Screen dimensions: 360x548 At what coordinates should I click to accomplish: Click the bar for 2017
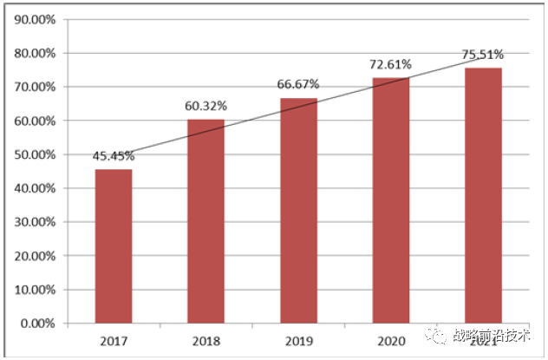(x=114, y=246)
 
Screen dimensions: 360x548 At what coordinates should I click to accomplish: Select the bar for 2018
(x=205, y=221)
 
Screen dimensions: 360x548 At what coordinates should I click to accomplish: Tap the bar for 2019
(x=298, y=211)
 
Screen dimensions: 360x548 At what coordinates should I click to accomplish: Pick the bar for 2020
(x=391, y=200)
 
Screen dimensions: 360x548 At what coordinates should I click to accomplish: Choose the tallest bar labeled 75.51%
(x=483, y=195)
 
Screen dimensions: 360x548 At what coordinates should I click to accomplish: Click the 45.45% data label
(x=114, y=156)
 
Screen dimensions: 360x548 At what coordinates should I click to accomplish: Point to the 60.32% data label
(x=205, y=106)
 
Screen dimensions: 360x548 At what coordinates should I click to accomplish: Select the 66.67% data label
(x=298, y=84)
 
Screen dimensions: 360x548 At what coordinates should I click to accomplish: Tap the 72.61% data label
(x=391, y=64)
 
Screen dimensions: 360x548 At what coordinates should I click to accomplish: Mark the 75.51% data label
(x=483, y=54)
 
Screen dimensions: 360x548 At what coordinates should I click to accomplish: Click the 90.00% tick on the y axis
(x=36, y=20)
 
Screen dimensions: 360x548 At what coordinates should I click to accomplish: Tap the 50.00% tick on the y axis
(x=36, y=154)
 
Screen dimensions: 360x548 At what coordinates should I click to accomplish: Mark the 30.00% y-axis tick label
(x=36, y=222)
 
